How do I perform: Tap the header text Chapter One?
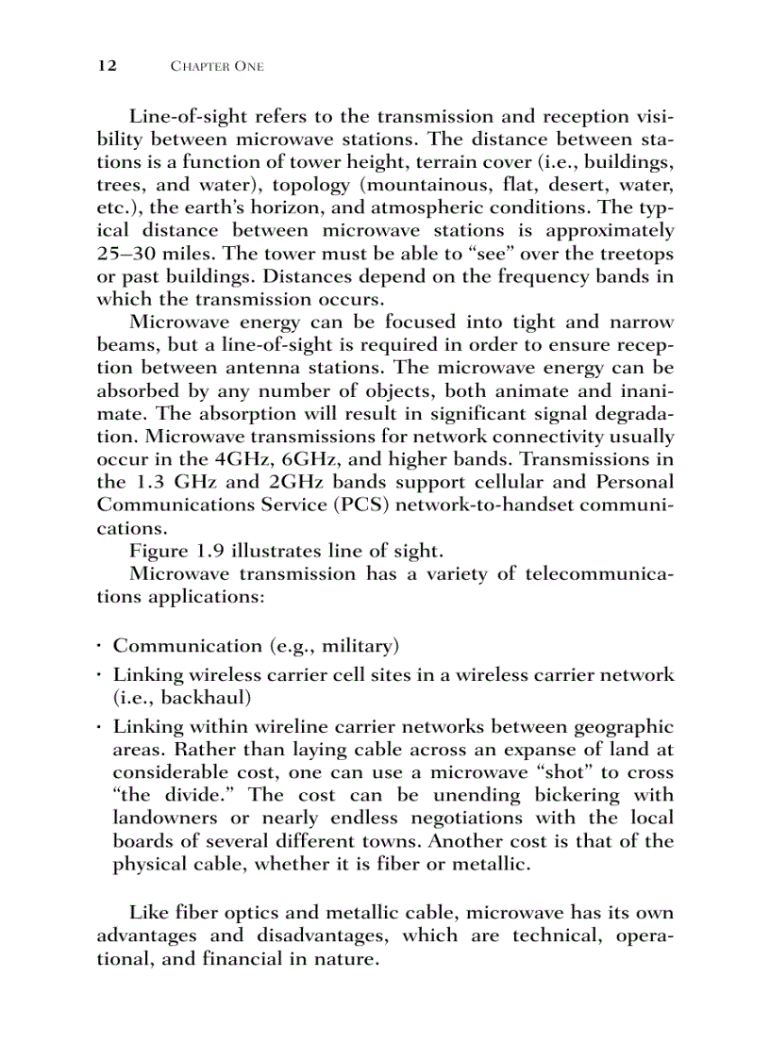coord(216,67)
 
